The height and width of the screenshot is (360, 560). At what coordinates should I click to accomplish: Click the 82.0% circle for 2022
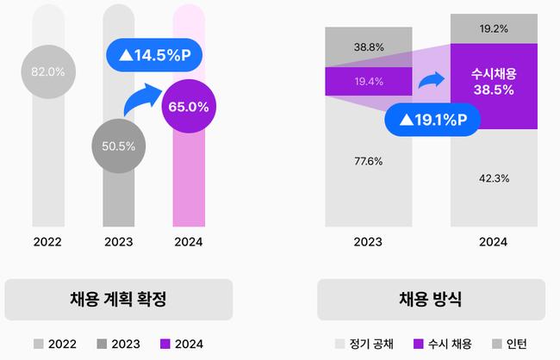click(48, 72)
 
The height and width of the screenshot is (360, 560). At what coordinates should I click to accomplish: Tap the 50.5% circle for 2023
click(118, 146)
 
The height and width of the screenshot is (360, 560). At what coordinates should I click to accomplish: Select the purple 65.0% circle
click(188, 108)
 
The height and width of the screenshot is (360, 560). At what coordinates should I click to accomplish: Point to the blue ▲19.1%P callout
click(431, 121)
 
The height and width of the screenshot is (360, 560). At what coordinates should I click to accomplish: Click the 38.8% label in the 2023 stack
click(368, 47)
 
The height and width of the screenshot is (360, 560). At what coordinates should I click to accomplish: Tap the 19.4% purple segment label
click(368, 81)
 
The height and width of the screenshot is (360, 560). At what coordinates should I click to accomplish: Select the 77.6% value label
click(368, 161)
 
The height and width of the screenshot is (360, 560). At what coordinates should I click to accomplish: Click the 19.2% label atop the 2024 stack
click(494, 28)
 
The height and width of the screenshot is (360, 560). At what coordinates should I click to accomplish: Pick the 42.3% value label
click(494, 178)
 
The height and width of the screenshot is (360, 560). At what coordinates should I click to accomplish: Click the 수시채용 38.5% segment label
click(494, 81)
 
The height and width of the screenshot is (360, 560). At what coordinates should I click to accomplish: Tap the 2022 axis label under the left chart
click(48, 242)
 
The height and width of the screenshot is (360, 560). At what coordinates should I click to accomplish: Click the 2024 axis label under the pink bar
click(188, 242)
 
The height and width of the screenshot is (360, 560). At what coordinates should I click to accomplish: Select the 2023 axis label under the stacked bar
click(368, 242)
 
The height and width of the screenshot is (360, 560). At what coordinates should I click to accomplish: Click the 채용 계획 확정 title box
click(118, 300)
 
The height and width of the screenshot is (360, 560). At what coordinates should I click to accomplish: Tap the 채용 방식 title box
click(431, 300)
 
